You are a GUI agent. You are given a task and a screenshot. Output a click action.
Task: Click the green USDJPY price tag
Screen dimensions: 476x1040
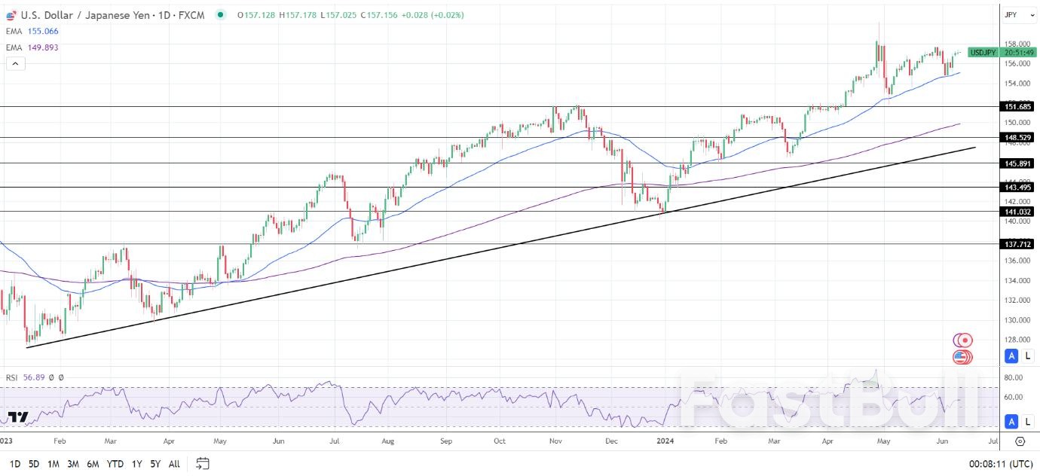983,53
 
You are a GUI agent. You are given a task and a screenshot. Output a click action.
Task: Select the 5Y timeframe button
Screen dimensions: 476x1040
154,464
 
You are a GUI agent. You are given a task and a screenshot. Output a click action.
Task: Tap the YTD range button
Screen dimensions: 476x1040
115,464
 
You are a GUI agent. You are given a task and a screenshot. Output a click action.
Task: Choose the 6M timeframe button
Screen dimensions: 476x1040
93,464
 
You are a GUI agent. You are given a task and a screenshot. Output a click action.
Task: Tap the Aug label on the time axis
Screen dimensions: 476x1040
388,441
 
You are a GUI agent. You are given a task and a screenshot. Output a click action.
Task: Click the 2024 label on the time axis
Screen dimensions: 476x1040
665,441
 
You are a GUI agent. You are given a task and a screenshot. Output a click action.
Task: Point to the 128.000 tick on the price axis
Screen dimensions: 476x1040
1017,340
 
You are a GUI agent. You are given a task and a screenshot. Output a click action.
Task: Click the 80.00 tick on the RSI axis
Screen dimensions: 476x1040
1013,377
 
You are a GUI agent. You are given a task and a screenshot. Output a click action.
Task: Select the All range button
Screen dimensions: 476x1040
174,464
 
